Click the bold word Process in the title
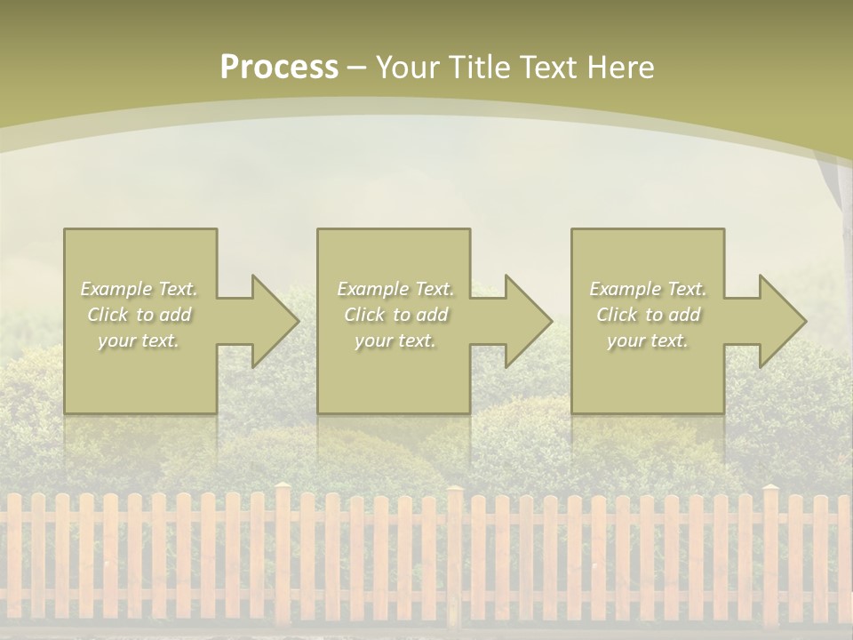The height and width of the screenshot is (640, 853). pyautogui.click(x=279, y=68)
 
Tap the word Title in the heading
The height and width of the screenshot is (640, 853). pyautogui.click(x=477, y=68)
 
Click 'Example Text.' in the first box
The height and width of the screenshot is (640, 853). pyautogui.click(x=140, y=289)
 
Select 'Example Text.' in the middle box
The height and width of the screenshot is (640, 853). pyautogui.click(x=395, y=289)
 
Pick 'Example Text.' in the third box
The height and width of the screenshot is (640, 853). pyautogui.click(x=648, y=289)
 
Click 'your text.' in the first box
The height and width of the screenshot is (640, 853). pyautogui.click(x=140, y=340)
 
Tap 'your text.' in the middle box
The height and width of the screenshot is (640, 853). pyautogui.click(x=395, y=340)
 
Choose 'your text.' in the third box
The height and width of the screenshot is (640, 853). pyautogui.click(x=648, y=340)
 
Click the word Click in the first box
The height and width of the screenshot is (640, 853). pyautogui.click(x=108, y=315)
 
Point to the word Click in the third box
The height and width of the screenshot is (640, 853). pyautogui.click(x=617, y=315)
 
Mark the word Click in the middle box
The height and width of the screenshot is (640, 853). pyautogui.click(x=364, y=315)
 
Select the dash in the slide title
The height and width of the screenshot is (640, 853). pyautogui.click(x=357, y=68)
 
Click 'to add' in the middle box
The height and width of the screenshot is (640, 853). pyautogui.click(x=420, y=315)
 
